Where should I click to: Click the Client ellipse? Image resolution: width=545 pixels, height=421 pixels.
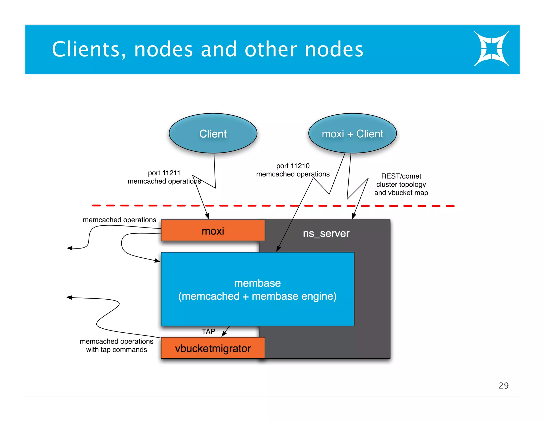coord(213,133)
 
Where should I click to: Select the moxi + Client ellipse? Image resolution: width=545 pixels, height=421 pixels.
coord(352,133)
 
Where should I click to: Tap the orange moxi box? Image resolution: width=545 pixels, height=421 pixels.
coord(213,230)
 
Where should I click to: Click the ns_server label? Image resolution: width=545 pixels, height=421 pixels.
coord(326,233)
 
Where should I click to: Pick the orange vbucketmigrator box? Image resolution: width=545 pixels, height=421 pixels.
coord(213,348)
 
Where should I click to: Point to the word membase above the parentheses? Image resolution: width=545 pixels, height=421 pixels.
coord(257,283)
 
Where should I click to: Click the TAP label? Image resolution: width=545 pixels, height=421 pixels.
coord(208,331)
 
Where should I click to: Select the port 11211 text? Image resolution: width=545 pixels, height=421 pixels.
coord(164,173)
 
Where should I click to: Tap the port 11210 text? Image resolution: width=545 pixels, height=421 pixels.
coord(293,166)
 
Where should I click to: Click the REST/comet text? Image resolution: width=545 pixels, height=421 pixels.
coord(401,176)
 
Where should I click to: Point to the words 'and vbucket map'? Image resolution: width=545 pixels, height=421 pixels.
coord(401,193)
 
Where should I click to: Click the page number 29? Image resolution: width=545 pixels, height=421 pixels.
coord(503,385)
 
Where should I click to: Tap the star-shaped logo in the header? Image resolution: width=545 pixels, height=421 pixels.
coord(491,49)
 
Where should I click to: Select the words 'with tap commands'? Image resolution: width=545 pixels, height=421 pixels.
coord(116,350)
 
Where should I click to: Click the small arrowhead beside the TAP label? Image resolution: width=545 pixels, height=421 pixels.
coord(224,334)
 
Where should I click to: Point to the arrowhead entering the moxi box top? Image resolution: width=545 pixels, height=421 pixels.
coord(207,216)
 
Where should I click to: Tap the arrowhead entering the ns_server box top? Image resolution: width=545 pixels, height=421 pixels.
coord(354,216)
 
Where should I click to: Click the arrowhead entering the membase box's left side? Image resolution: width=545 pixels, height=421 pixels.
coord(158,261)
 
